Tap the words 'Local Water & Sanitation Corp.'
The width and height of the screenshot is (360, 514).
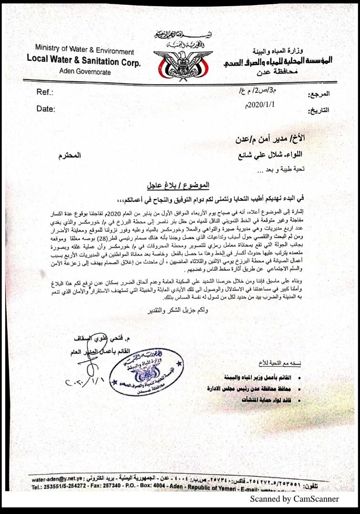pyautogui.click(x=84, y=61)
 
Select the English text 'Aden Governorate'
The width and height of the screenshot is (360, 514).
pyautogui.click(x=85, y=72)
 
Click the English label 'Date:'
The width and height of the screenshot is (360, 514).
pyautogui.click(x=46, y=109)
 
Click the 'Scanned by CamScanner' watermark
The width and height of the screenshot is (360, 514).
pyautogui.click(x=294, y=499)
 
